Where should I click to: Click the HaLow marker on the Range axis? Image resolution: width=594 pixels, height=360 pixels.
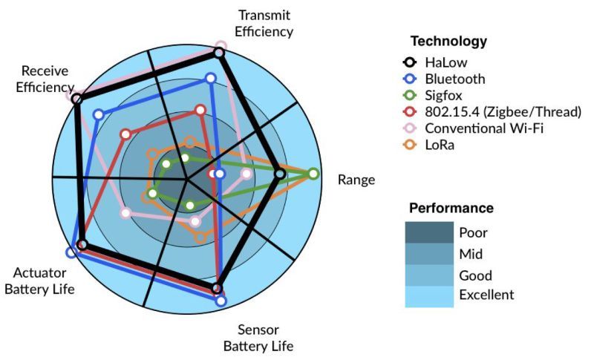coord(280,174)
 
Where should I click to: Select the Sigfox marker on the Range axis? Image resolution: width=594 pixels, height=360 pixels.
coord(313,174)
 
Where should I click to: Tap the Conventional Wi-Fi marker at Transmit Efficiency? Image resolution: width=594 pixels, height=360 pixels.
coord(221,47)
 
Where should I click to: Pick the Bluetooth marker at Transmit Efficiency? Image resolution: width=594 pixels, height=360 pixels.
coord(211,79)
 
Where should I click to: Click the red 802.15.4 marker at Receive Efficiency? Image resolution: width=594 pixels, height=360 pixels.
coord(126,134)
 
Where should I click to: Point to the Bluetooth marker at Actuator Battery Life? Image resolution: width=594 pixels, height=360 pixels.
coord(71,252)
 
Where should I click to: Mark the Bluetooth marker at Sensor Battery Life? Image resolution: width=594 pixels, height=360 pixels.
coord(221,301)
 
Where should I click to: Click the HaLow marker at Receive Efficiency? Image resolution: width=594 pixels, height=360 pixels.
coord(77,99)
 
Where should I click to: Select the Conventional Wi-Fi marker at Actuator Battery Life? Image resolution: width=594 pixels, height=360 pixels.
coord(125,213)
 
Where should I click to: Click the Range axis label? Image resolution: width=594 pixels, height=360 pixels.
coord(356,180)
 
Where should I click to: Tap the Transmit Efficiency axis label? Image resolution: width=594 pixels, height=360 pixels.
coord(264,23)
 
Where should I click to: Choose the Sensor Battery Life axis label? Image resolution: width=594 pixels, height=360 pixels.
coord(258,338)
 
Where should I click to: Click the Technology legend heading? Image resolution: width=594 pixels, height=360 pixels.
coord(449,41)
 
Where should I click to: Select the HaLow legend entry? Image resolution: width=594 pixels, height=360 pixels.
coord(434,62)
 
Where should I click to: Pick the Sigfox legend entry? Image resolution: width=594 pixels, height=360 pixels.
coord(432,96)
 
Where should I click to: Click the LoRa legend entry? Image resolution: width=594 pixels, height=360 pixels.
coord(428,145)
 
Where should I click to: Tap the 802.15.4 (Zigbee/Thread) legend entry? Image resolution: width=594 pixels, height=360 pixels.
coord(492,112)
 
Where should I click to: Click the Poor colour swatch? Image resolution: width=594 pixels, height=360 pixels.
coord(429,232)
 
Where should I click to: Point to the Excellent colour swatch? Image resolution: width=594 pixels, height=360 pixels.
coord(429,296)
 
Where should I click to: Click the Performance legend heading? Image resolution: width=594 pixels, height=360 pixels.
coord(451,208)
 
